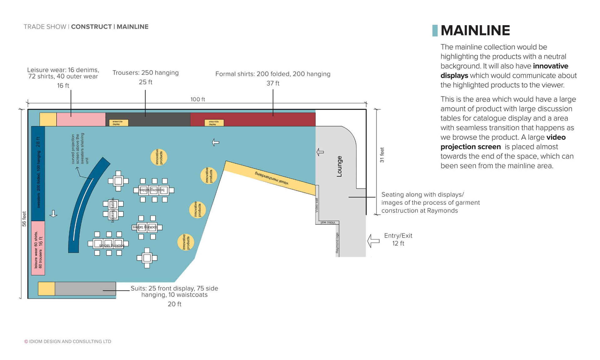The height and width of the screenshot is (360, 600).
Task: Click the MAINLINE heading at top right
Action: click(475, 31)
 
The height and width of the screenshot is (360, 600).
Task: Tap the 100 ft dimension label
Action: click(197, 99)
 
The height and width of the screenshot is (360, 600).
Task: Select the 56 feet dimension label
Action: click(24, 219)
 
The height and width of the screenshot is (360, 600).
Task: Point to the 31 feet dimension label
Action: click(382, 155)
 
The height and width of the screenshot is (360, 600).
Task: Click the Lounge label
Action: click(339, 166)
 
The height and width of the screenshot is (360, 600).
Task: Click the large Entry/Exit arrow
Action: click(373, 241)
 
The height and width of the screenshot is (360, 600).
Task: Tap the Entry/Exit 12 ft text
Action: click(398, 239)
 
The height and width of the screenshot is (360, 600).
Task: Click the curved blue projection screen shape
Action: click(84, 206)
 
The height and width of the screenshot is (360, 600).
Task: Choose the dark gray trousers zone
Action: click(156, 119)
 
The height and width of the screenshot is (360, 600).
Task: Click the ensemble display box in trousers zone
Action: click(118, 123)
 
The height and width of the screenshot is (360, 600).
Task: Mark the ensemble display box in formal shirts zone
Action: click(214, 123)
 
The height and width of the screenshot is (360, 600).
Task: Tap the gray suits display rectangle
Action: click(85, 288)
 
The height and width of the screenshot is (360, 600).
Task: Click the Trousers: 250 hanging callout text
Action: click(146, 73)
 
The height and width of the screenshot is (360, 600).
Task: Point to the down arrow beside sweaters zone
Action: click(53, 214)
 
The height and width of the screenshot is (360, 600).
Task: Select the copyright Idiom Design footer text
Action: click(68, 342)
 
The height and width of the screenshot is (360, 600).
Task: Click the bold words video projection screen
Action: click(503, 142)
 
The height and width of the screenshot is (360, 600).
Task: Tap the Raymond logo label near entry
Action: click(337, 243)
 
